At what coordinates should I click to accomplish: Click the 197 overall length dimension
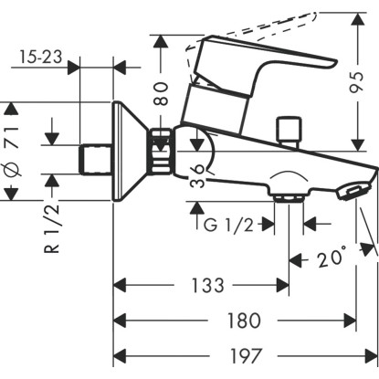pyautogui.click(x=246, y=355)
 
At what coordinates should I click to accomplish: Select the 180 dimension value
pyautogui.click(x=244, y=321)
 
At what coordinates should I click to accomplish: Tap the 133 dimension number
pyautogui.click(x=207, y=285)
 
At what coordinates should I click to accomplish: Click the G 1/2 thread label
pyautogui.click(x=228, y=226)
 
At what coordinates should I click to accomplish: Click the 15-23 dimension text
pyautogui.click(x=41, y=57)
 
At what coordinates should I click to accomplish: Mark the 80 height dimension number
pyautogui.click(x=161, y=93)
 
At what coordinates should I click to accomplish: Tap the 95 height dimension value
pyautogui.click(x=356, y=82)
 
